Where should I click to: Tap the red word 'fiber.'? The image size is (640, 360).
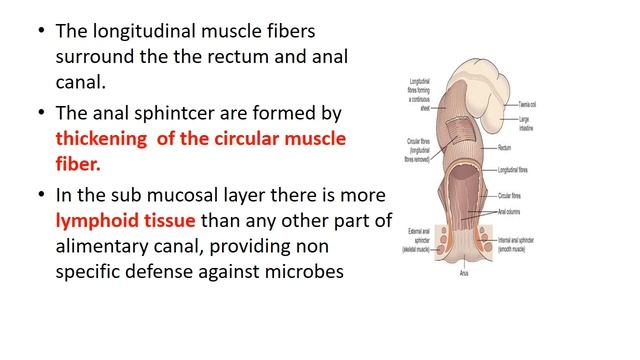coord(83,163)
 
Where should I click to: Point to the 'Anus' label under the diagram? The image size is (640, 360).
coord(464,272)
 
